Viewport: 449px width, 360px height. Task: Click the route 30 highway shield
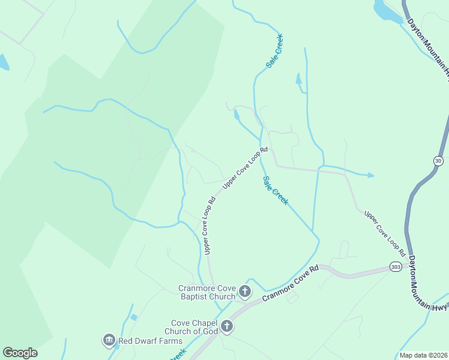tap(438, 160)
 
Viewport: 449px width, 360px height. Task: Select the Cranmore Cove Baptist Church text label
tap(206, 292)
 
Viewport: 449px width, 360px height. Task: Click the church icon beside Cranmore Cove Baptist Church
tap(245, 292)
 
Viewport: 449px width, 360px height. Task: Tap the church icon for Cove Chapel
tap(227, 327)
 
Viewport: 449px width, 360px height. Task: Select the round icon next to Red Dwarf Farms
tap(109, 340)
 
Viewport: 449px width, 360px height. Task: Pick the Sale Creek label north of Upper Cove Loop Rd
tap(274, 50)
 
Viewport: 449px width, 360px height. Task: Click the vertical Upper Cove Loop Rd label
tap(209, 227)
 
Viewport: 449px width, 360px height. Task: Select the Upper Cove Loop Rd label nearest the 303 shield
tap(385, 233)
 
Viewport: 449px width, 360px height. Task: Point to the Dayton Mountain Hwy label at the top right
tap(429, 45)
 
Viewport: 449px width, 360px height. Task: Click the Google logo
tap(20, 353)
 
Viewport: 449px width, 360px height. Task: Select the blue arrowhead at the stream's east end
tap(371, 175)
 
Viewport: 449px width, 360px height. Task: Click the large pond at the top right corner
tap(387, 11)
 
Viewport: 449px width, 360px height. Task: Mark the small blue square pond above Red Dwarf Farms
tap(133, 317)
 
